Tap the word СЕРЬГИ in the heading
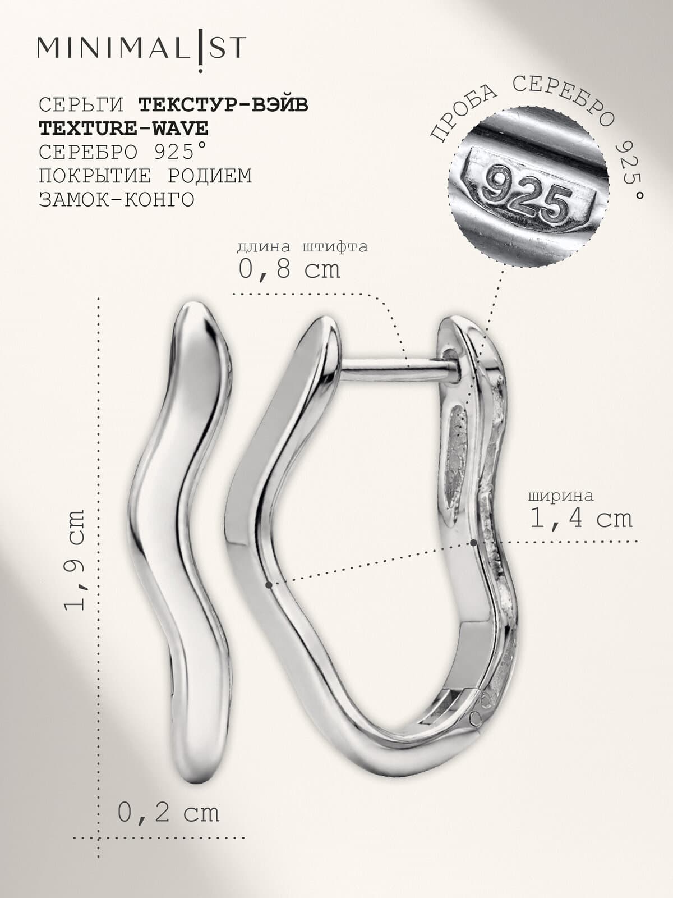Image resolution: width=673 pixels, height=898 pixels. coord(81,105)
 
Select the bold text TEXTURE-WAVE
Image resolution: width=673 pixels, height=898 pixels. coord(123,129)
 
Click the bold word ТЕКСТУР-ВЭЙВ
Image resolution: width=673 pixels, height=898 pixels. coord(224,105)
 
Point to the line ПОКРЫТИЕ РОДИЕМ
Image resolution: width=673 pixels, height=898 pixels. coord(145,176)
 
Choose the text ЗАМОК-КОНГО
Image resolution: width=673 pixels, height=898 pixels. coord(117,200)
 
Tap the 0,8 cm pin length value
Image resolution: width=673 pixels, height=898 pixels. coord(289,270)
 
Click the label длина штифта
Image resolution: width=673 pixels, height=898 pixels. coord(302,246)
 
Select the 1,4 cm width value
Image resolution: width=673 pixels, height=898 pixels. coord(580,519)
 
